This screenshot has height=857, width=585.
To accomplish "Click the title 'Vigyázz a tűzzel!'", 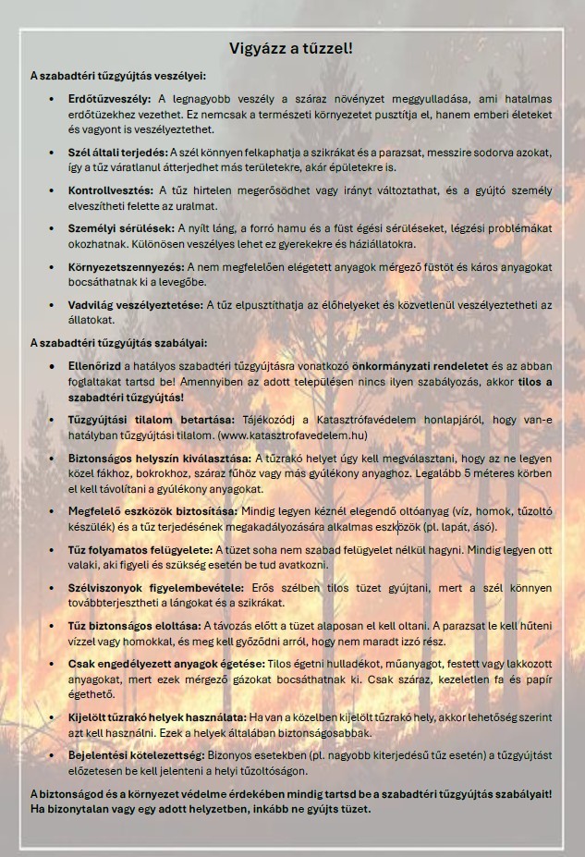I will tap(291, 48).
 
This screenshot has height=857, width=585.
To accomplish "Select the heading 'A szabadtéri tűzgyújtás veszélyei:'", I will tap(117, 76).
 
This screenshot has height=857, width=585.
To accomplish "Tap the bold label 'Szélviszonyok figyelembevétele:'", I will tap(155, 588).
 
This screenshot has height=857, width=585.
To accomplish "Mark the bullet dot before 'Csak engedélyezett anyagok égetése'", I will tap(52, 664).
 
